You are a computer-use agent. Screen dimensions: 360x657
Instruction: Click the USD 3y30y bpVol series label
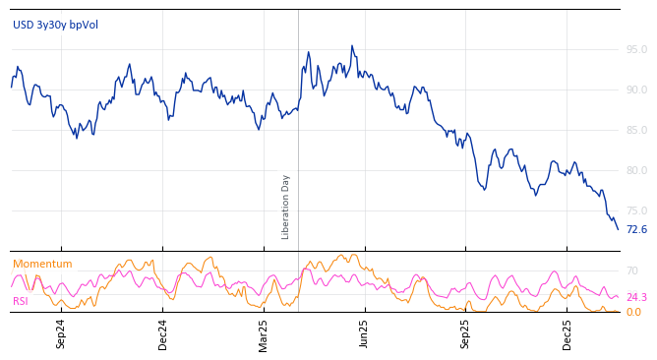[55, 26]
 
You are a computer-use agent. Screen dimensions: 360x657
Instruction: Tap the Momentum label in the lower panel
[42, 265]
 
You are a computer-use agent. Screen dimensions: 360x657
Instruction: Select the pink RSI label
[21, 302]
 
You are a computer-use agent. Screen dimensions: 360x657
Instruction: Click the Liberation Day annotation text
[286, 207]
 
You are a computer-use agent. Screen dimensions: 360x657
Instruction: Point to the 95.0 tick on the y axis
[636, 49]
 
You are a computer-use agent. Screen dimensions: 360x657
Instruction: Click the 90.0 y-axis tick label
[636, 90]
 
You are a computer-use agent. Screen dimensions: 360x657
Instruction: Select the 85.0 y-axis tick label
[636, 130]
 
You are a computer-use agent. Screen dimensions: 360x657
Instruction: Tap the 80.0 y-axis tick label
[636, 170]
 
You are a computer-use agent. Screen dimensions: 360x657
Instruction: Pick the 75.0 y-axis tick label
[636, 210]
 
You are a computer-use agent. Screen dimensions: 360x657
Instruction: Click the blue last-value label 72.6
[636, 230]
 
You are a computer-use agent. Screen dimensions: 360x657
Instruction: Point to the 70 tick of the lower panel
[632, 270]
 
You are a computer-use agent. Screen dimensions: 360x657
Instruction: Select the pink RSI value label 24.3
[636, 298]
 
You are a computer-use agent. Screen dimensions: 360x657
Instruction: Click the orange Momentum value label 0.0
[633, 313]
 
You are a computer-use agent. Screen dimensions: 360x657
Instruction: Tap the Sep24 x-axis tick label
[61, 333]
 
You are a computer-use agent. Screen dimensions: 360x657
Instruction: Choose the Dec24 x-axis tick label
[163, 333]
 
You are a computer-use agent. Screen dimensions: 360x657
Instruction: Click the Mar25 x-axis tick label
[264, 333]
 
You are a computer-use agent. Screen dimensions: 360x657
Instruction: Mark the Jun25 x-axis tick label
[365, 333]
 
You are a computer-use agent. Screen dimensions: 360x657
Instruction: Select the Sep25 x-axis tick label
[466, 333]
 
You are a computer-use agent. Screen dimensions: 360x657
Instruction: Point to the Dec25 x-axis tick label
[567, 333]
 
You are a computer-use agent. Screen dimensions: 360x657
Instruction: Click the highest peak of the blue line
[352, 45]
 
